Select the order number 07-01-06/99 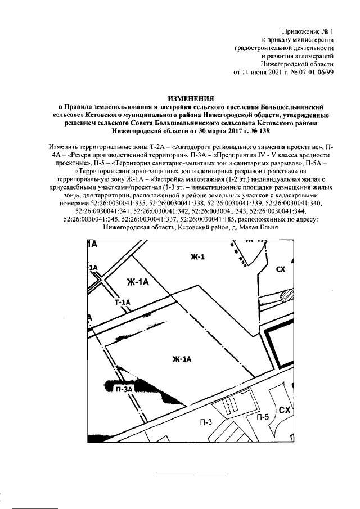click(x=316, y=73)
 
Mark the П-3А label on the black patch click(x=124, y=389)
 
